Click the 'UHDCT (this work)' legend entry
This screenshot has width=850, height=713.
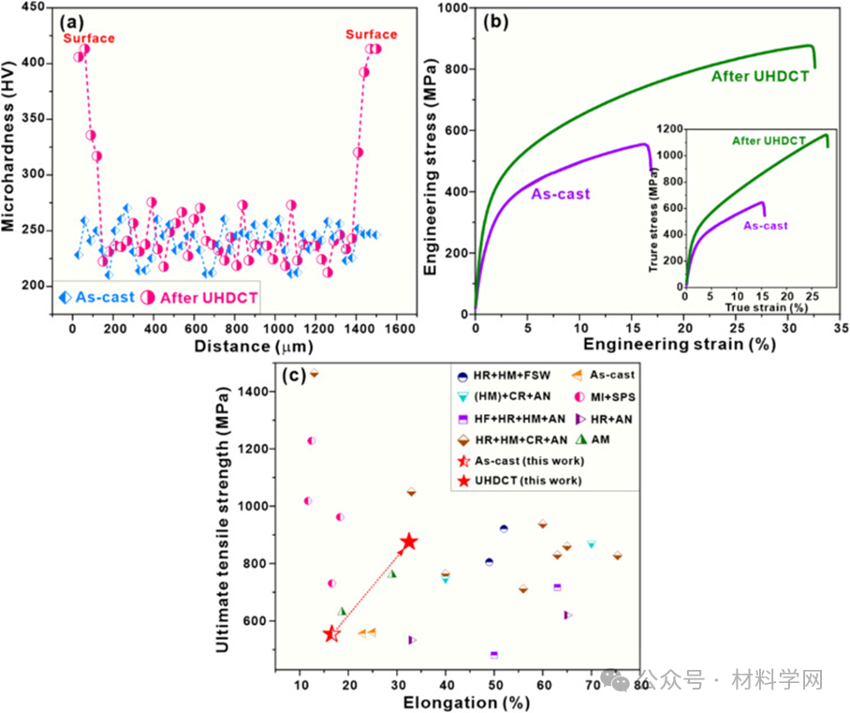pyautogui.click(x=527, y=480)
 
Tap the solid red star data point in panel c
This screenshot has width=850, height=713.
pyautogui.click(x=408, y=542)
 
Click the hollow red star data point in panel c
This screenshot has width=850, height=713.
pyautogui.click(x=331, y=634)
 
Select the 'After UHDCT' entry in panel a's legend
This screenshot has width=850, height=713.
pyautogui.click(x=198, y=297)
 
